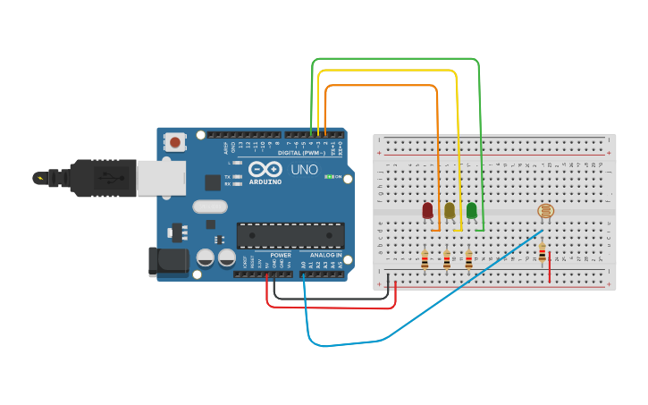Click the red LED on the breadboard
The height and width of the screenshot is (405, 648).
point(427,211)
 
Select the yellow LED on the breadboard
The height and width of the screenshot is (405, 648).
point(450,211)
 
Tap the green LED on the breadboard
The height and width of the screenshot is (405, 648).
point(471,211)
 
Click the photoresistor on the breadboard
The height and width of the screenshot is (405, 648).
point(544,211)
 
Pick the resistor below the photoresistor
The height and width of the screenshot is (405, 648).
point(542,254)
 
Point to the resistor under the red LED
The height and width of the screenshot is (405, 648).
point(425,259)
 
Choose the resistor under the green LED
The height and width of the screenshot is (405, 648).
point(468,259)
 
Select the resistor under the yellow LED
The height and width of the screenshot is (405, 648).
point(447,259)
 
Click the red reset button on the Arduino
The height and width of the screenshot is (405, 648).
point(175,141)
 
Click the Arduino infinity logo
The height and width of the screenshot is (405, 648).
point(265,169)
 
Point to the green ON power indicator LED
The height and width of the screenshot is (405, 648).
point(329,177)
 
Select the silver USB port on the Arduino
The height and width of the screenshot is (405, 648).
point(161,177)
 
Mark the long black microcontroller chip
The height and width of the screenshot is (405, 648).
point(290,236)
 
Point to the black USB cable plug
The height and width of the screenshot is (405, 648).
point(103,177)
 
